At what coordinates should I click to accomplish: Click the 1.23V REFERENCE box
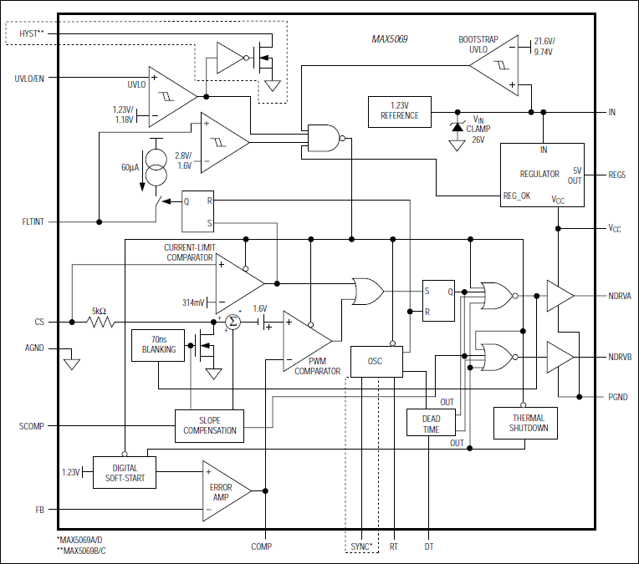pos(399,110)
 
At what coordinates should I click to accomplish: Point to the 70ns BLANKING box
pos(158,345)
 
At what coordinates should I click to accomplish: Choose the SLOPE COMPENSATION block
pos(209,425)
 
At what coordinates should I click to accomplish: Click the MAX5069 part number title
pos(390,39)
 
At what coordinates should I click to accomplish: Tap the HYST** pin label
pos(30,33)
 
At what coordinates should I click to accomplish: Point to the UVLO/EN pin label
pos(29,79)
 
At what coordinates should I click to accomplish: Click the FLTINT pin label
pos(33,222)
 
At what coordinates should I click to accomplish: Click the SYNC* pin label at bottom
pos(360,546)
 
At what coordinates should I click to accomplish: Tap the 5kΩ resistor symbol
pos(101,322)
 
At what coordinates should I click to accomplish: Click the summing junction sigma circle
pos(234,323)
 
